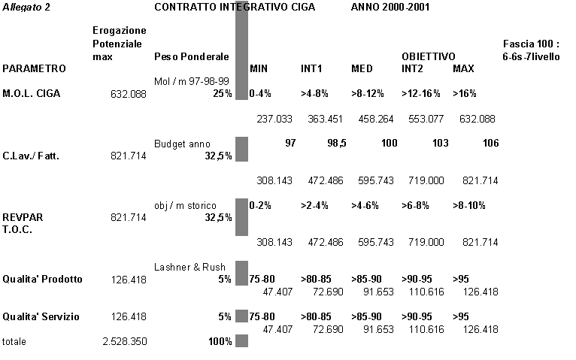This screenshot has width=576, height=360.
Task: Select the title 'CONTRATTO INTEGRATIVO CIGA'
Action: [x=234, y=7]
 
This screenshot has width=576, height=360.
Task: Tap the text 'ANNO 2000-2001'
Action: [x=387, y=7]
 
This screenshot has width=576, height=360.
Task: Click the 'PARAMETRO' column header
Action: [x=35, y=68]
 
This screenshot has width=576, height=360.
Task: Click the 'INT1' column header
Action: [x=311, y=68]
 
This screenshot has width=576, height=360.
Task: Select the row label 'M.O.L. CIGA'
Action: [x=33, y=94]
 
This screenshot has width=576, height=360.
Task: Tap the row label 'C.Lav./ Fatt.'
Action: [x=31, y=156]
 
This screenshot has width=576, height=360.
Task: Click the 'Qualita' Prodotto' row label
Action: [x=43, y=280]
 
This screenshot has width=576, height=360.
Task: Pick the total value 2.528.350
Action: [x=124, y=341]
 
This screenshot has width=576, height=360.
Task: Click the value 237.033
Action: [x=274, y=119]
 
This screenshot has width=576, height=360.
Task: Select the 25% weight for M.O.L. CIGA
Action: [x=222, y=94]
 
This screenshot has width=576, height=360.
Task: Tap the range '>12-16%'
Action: [x=421, y=94]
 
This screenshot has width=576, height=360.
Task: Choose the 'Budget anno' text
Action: [x=182, y=144]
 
